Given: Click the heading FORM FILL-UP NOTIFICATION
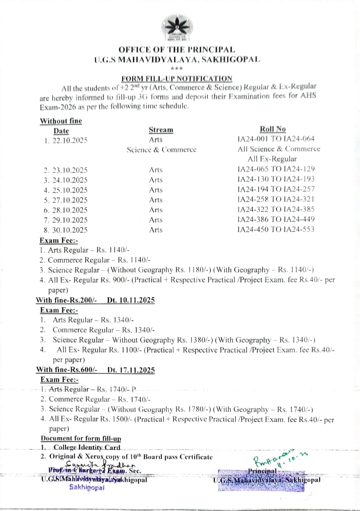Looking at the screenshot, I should coord(177,78).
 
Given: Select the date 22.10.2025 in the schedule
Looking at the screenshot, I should coord(70,140).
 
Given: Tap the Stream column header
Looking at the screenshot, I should coord(161,130).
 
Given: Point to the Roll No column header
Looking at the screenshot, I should coord(273,129).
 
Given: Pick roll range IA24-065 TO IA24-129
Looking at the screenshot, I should coord(276,169).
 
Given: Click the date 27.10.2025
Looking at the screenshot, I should coord(70,200).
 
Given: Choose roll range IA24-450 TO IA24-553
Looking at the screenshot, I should coord(276,229).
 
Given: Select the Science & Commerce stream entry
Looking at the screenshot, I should coord(162,150).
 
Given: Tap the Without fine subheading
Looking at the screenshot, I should coord(61,121).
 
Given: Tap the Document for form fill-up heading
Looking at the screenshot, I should coord(81,438).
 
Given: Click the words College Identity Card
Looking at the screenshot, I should coord(87,448).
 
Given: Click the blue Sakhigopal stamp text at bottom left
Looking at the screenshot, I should coord(87,487).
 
